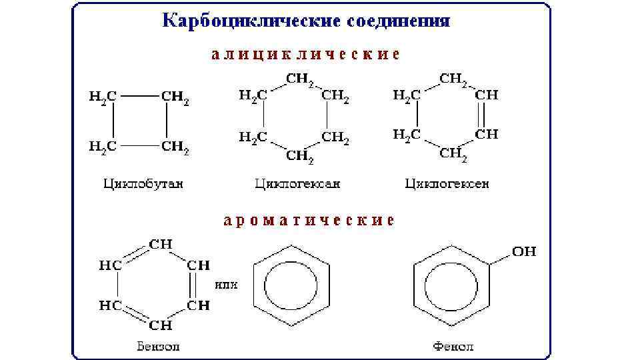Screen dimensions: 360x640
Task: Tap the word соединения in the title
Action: [x=399, y=20]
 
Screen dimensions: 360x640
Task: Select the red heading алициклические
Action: [x=306, y=55]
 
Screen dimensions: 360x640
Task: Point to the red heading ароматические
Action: [x=309, y=220]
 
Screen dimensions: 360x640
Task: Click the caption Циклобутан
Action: [x=143, y=183]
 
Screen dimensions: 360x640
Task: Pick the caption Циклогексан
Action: [x=297, y=183]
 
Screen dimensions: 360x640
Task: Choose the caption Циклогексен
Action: [x=447, y=183]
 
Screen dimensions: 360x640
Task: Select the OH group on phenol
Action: [x=524, y=252]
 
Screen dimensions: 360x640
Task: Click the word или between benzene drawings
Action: [x=226, y=285]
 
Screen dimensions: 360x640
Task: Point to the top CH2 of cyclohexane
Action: [x=300, y=80]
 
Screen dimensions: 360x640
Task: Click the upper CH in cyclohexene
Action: [x=487, y=95]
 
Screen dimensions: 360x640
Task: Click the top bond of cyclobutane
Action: [x=139, y=95]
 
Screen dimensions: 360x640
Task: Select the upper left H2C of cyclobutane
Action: [x=103, y=96]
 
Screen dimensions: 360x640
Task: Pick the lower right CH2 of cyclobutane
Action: [x=175, y=146]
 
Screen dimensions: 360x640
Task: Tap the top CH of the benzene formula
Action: [x=161, y=245]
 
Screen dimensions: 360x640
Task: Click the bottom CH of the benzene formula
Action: [x=161, y=326]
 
